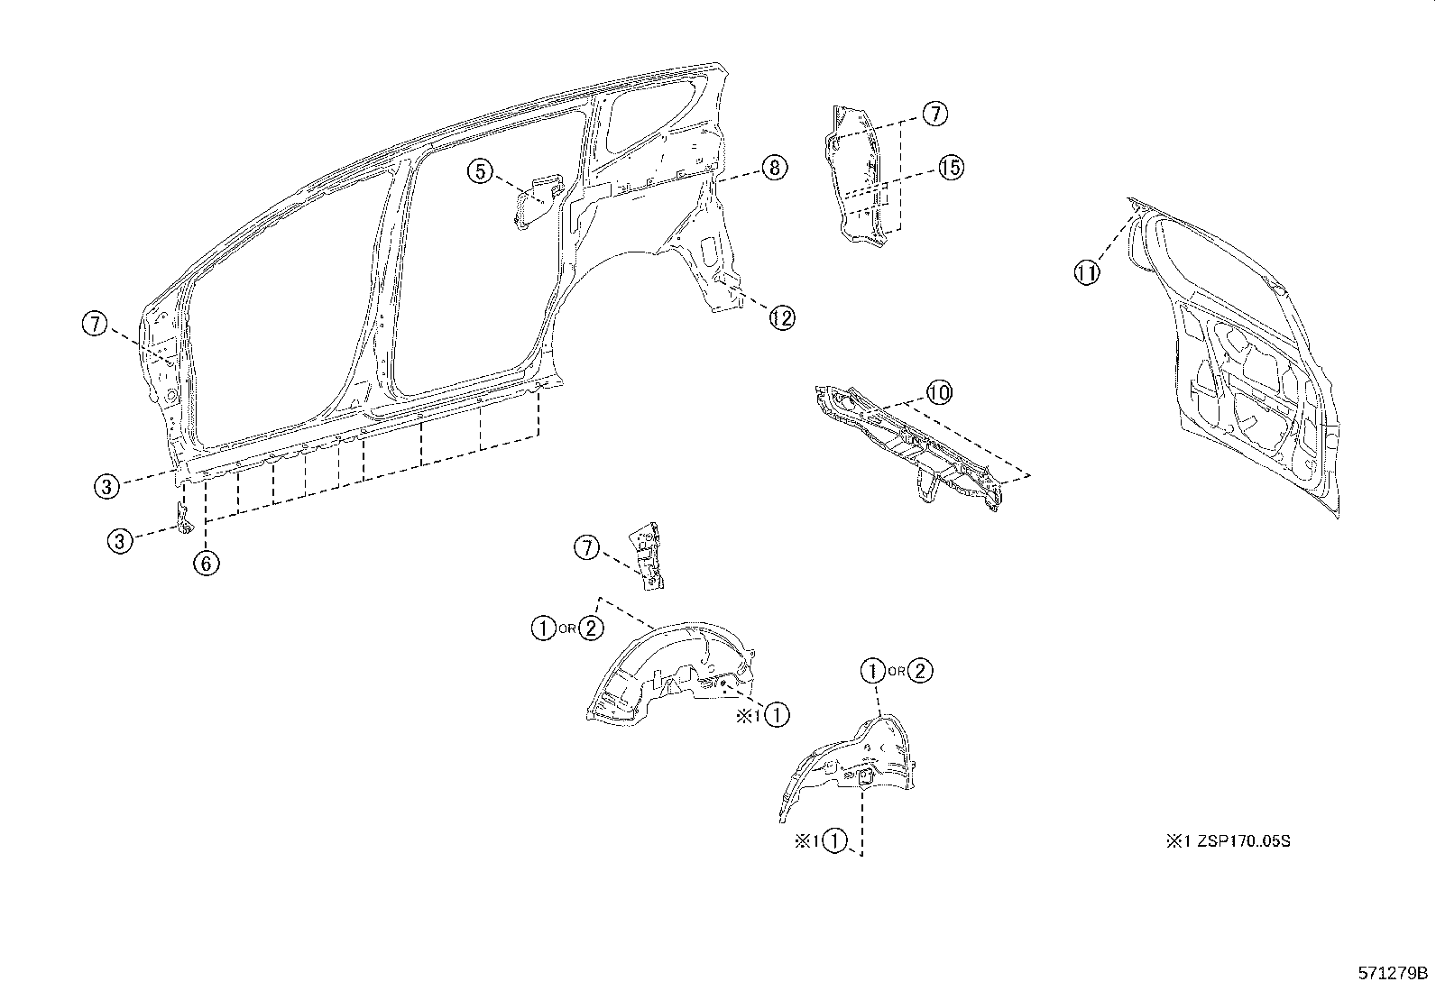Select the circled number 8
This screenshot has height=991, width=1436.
(774, 167)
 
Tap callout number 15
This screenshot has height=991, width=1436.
(950, 167)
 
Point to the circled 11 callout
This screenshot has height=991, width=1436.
(1087, 271)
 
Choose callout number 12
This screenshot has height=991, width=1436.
(782, 317)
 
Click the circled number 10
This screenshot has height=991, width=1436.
(939, 392)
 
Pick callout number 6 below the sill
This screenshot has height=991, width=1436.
(206, 563)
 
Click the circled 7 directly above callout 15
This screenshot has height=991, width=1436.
(934, 114)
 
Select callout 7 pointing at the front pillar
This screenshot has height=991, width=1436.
(95, 323)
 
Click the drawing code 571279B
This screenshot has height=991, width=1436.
(1394, 973)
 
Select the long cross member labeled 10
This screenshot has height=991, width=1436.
(911, 442)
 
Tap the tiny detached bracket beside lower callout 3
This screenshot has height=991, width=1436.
(183, 519)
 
